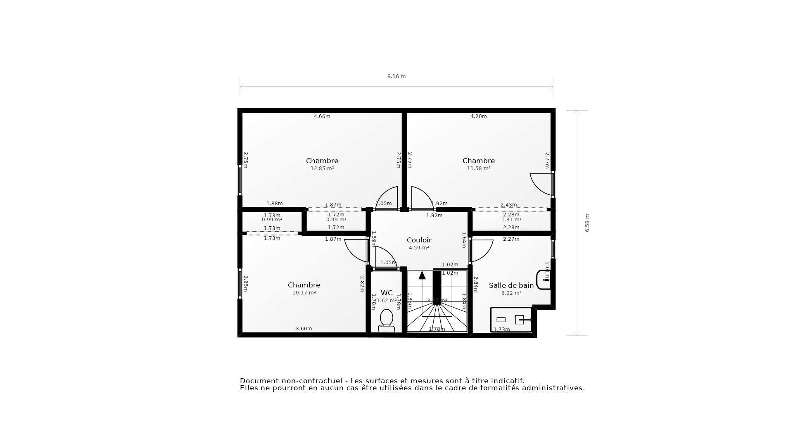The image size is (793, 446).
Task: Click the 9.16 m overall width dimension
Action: click(396, 76)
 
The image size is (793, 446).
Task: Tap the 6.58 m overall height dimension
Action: click(587, 223)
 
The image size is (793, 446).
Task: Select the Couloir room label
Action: click(419, 240)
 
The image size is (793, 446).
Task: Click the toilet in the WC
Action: click(386, 320)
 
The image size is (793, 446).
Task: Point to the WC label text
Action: click(387, 293)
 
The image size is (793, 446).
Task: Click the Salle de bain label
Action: click(511, 285)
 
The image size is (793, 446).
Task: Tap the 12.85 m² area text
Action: click(322, 168)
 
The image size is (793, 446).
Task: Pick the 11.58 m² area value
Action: click(479, 168)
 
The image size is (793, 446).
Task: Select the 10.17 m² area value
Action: click(304, 293)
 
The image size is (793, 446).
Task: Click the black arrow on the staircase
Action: click(422, 275)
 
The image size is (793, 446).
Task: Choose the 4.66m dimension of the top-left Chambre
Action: click(322, 116)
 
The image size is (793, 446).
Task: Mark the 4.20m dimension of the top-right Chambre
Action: click(479, 116)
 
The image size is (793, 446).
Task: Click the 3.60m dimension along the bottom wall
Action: click(304, 329)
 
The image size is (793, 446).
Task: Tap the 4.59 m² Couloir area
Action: click(419, 248)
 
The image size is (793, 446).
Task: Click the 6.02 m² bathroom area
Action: click(511, 293)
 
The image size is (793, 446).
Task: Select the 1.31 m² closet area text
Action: click(511, 220)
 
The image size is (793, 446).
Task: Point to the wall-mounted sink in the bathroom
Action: click(544, 280)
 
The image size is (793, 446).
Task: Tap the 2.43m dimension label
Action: click(509, 205)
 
